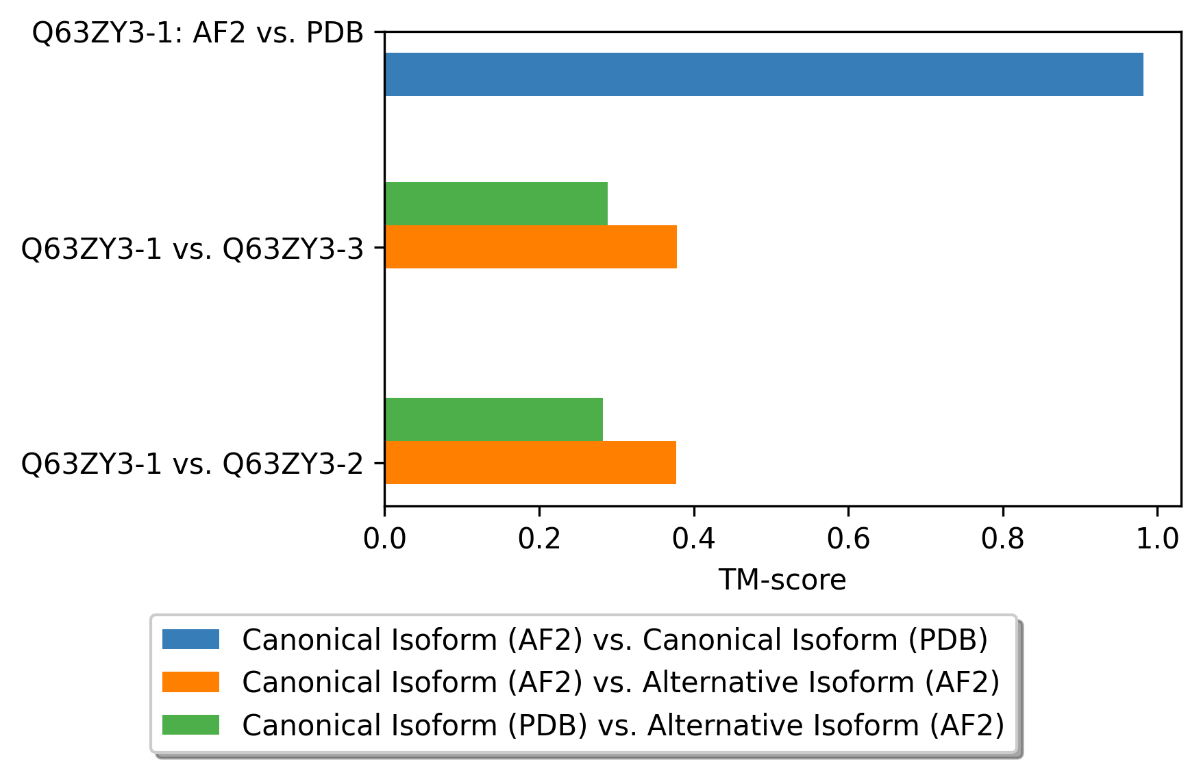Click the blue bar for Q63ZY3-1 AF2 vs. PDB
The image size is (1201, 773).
(x=764, y=74)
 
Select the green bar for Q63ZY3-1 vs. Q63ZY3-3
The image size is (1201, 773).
(x=496, y=203)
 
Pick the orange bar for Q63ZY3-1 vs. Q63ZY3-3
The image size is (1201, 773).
(x=531, y=246)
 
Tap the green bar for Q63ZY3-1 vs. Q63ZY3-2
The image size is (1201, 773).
(x=494, y=419)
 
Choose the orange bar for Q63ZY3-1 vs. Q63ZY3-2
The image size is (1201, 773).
(x=530, y=462)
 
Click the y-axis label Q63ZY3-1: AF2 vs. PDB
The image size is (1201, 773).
(x=198, y=32)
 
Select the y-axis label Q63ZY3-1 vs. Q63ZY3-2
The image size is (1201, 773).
(x=193, y=464)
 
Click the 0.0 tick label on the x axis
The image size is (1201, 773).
(x=385, y=539)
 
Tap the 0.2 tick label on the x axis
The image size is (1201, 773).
(x=539, y=539)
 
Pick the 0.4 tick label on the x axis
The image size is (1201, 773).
(x=694, y=539)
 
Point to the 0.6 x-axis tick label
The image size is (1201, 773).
(x=848, y=539)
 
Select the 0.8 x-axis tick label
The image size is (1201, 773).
(x=1003, y=539)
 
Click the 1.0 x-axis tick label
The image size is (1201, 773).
(x=1157, y=539)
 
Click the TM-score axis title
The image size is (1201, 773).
(x=782, y=580)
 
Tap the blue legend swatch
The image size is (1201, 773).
(x=190, y=639)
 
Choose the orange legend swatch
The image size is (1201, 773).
(x=190, y=682)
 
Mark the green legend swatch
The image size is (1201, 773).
(x=190, y=724)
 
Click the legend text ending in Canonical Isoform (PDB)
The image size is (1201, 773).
(x=615, y=640)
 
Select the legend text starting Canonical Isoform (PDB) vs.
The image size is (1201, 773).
(x=623, y=725)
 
